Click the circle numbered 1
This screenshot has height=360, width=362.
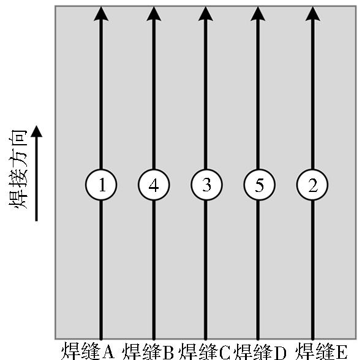click(101, 185)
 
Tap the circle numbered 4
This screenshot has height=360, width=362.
click(154, 185)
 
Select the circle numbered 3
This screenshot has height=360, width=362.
click(206, 185)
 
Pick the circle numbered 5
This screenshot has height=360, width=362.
click(259, 185)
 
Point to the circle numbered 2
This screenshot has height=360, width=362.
click(312, 185)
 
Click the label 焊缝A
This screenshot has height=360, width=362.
click(88, 351)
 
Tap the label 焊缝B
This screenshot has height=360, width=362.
click(148, 351)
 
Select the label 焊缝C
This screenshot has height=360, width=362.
click(205, 351)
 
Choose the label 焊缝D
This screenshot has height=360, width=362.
click(260, 351)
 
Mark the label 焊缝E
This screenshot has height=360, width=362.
click(321, 351)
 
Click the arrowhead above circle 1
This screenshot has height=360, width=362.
click(101, 14)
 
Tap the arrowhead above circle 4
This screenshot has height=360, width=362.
click(154, 14)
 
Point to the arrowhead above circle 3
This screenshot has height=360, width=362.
click(205, 14)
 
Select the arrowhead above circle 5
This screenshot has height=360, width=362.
click(258, 14)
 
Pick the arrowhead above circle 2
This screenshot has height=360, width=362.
click(312, 14)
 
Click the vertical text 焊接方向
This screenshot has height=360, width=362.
click(18, 169)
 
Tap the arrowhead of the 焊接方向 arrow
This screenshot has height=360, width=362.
click(36, 131)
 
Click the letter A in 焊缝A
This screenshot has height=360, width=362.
click(108, 352)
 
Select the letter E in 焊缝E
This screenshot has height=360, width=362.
click(341, 352)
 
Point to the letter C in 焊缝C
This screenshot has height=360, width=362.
click(224, 352)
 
